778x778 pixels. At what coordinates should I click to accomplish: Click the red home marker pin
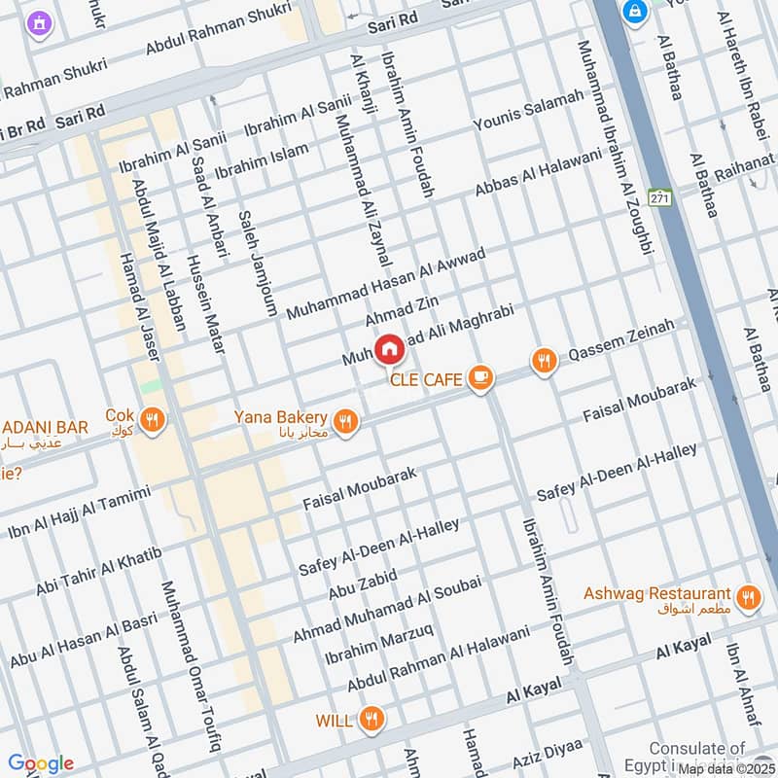point(389,348)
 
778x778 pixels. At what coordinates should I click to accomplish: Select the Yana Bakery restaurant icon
point(344,421)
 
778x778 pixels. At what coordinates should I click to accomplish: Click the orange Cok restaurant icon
point(151,421)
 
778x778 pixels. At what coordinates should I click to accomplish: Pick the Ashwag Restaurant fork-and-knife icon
point(747,598)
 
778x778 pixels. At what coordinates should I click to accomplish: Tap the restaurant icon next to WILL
point(371,721)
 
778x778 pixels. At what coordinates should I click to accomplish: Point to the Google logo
point(41,763)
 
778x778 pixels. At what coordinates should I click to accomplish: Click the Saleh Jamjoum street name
point(258,262)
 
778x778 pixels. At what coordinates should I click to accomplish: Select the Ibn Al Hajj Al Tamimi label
point(80,512)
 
